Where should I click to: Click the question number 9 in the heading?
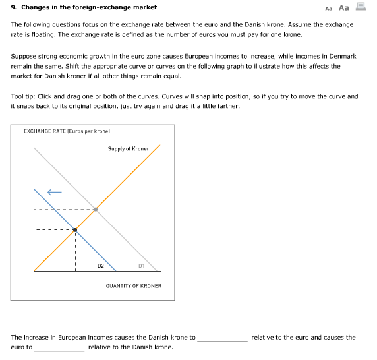pos(14,7)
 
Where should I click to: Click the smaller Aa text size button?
pos(329,8)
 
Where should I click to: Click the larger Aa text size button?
pos(343,7)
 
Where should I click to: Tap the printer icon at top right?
pos(360,7)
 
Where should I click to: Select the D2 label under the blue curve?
pos(101,266)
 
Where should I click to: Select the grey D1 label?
pos(142,266)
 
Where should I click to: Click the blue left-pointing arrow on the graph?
pos(54,193)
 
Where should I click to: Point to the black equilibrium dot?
pos(74,230)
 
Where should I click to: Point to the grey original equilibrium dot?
pos(96,210)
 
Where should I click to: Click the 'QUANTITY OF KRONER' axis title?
pos(133,286)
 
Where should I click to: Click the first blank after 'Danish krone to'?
pos(222,338)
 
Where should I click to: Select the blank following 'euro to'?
pos(59,347)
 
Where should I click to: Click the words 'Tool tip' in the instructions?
pos(24,96)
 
